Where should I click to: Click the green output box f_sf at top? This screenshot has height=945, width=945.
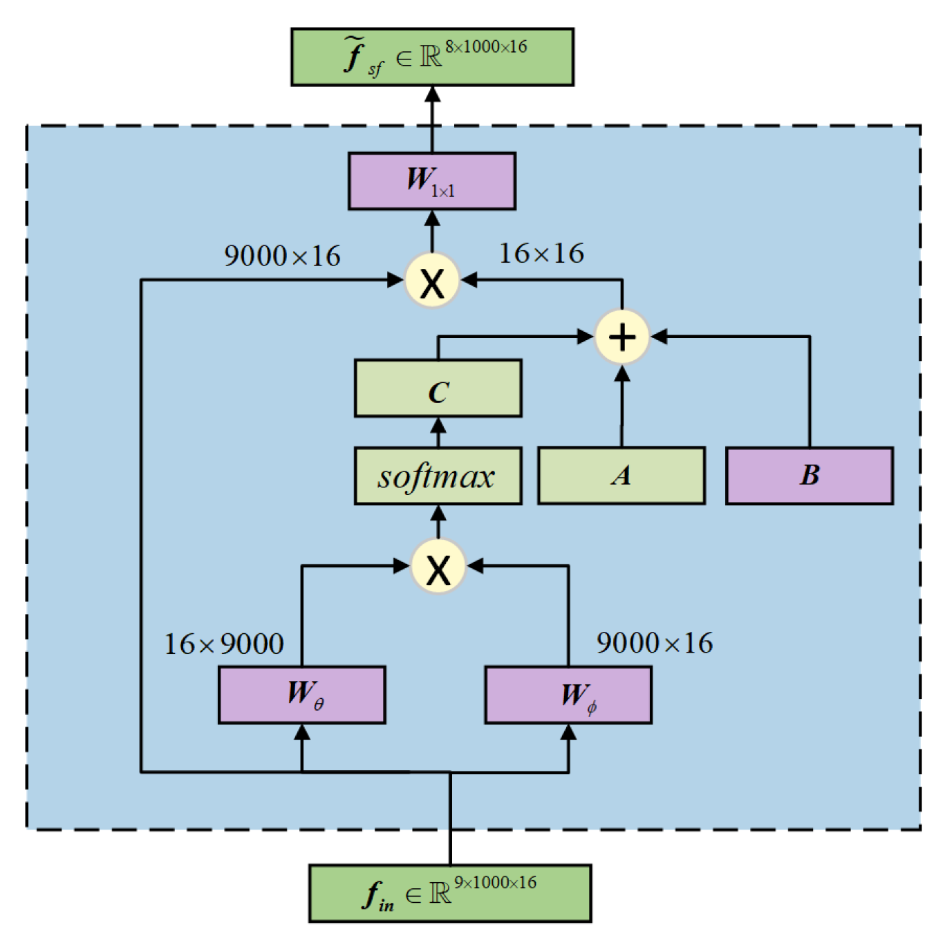click(x=432, y=57)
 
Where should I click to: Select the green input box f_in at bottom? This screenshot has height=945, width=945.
click(x=450, y=893)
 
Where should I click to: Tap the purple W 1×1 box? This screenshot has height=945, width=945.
click(x=432, y=181)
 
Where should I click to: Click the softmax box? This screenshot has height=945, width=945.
click(x=438, y=476)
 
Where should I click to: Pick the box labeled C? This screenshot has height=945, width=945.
click(x=438, y=389)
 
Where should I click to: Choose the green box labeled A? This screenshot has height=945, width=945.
click(x=621, y=476)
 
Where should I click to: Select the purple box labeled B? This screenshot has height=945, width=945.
click(x=810, y=476)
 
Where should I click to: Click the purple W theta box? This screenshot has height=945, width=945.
click(x=302, y=695)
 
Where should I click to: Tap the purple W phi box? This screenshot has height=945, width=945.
click(x=568, y=695)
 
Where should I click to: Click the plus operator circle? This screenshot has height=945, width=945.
click(x=622, y=337)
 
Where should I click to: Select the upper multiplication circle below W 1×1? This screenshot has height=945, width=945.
click(x=432, y=281)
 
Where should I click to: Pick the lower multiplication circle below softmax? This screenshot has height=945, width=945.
click(x=438, y=567)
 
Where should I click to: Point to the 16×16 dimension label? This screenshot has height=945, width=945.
click(x=541, y=254)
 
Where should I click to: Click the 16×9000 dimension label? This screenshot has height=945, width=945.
click(x=224, y=644)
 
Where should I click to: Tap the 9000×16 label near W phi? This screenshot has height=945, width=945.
click(x=654, y=643)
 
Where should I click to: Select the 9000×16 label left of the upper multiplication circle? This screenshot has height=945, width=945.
click(x=282, y=256)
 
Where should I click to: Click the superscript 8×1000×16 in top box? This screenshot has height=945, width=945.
click(x=486, y=46)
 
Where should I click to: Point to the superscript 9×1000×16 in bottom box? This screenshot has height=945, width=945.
click(x=495, y=882)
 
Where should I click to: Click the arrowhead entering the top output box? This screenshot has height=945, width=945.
click(x=432, y=94)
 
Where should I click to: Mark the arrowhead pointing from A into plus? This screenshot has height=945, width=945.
click(x=622, y=374)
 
